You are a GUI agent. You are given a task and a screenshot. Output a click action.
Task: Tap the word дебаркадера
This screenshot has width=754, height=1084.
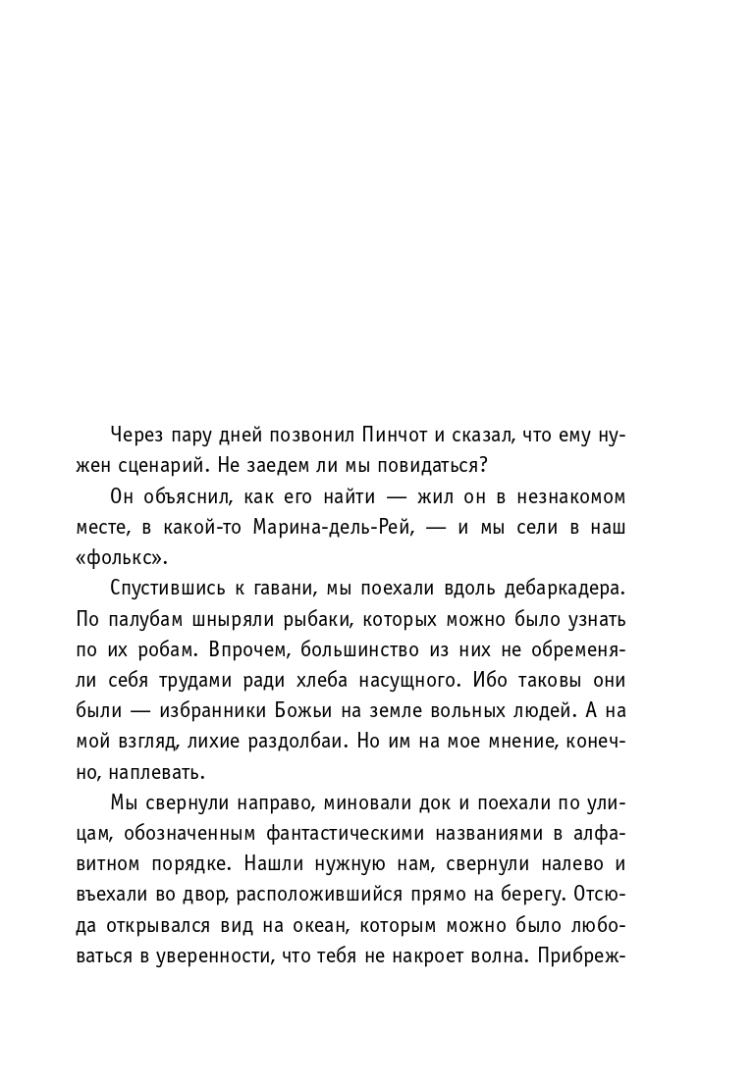tap(569, 590)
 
